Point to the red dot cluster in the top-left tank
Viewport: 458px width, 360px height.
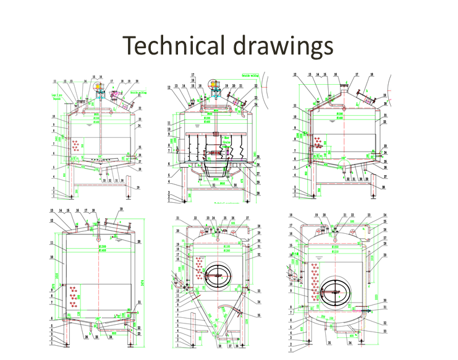click(77, 147)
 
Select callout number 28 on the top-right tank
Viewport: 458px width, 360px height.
click(384, 186)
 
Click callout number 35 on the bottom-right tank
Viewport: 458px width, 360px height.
click(329, 342)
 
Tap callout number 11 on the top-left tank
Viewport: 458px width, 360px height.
click(54, 81)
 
